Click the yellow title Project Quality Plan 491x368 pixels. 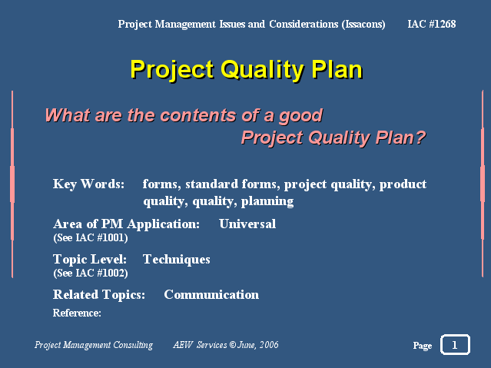(x=247, y=70)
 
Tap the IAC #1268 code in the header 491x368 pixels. (x=432, y=24)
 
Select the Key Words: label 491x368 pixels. (x=88, y=184)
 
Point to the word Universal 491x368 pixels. (x=247, y=224)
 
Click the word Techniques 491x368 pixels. (x=176, y=260)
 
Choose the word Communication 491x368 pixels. (x=211, y=295)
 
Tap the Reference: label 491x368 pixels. (x=77, y=313)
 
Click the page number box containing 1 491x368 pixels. (x=455, y=344)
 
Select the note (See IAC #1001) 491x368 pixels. (x=91, y=237)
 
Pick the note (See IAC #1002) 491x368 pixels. (x=91, y=273)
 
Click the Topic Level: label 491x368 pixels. (x=90, y=260)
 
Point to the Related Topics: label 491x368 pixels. (x=99, y=295)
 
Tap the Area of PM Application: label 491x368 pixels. (x=126, y=224)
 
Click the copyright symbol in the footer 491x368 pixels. (x=232, y=344)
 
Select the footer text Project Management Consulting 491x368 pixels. (x=94, y=345)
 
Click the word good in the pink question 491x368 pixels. (x=300, y=116)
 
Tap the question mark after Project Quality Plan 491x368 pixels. (x=420, y=137)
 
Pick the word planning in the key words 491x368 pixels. (x=267, y=201)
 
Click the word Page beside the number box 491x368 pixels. (x=423, y=346)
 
